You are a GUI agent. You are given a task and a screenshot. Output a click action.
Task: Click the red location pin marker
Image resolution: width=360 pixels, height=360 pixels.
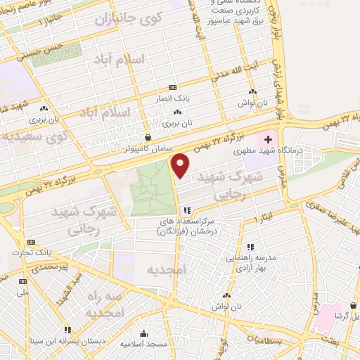[x=181, y=166]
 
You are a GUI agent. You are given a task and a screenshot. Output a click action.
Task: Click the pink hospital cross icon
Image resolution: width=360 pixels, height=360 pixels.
[x=268, y=141]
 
